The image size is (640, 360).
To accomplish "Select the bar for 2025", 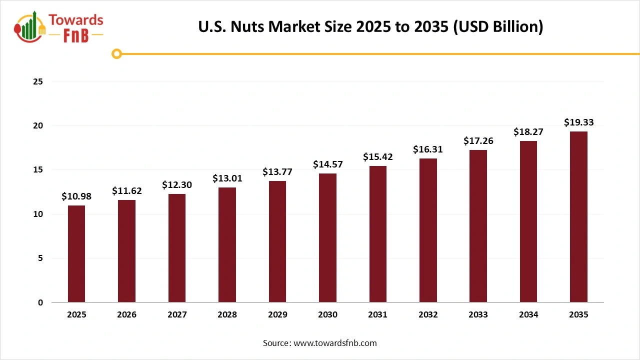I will click(x=76, y=254).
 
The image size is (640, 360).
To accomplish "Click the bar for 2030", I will click(x=327, y=238).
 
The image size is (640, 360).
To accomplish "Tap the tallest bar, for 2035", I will click(x=578, y=217).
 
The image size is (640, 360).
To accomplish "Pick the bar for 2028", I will click(x=227, y=245).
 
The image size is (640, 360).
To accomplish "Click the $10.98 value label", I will click(x=76, y=196).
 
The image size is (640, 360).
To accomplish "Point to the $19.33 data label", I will click(x=578, y=122).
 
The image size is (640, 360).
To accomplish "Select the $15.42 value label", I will click(x=377, y=157).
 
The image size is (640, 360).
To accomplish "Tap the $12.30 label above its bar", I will click(x=177, y=185).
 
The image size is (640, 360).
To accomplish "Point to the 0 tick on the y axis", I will click(x=40, y=302).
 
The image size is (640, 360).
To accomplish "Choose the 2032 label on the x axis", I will click(x=428, y=315).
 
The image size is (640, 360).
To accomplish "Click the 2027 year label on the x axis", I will click(x=177, y=315).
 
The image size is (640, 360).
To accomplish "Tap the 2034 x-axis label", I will click(x=528, y=315).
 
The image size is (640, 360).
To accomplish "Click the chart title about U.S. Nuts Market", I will click(x=370, y=26).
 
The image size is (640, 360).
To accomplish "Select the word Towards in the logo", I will click(x=76, y=20).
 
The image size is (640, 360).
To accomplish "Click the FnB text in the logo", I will click(x=76, y=35).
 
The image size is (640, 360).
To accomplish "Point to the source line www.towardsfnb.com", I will click(x=320, y=343).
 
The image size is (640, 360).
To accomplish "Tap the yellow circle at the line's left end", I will click(x=117, y=53).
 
